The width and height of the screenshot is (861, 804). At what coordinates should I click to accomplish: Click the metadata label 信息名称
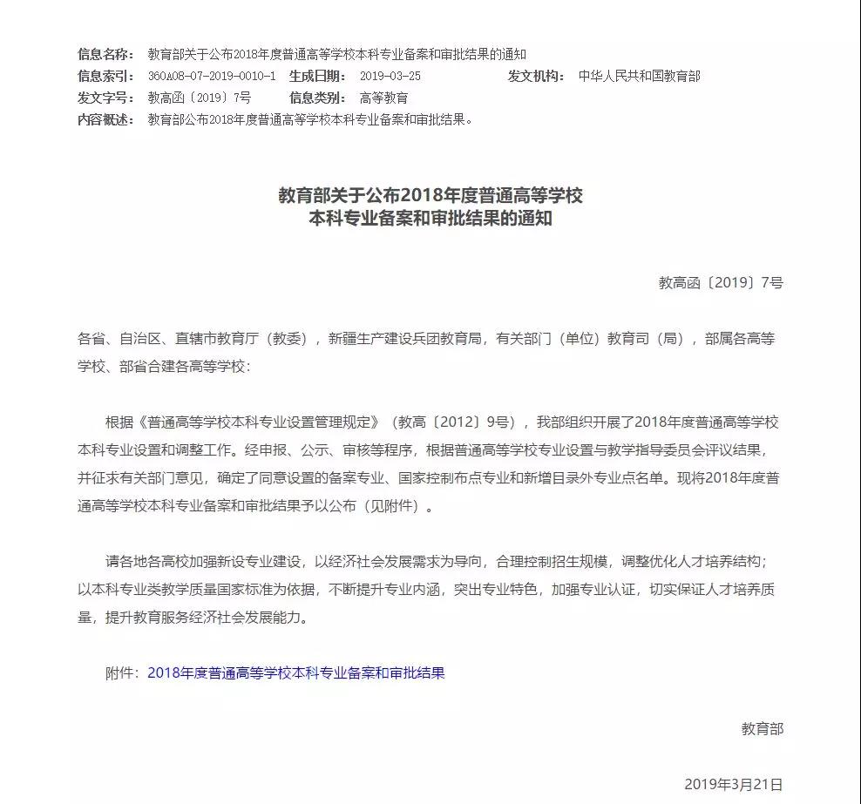105,54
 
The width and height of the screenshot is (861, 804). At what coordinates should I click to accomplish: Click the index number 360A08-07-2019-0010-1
212,76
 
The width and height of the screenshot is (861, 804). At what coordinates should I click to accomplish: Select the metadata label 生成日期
318,76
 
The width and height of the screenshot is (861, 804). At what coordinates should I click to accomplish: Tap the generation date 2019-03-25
390,76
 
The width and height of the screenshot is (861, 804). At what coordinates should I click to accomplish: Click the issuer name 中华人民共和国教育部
639,76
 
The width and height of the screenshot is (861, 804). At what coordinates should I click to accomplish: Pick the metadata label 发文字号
105,98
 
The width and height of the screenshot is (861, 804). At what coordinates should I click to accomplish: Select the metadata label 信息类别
318,98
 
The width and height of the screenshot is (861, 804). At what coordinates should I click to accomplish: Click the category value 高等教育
383,98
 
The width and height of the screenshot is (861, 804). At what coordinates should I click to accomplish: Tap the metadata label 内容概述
105,119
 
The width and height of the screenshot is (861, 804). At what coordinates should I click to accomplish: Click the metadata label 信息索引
105,76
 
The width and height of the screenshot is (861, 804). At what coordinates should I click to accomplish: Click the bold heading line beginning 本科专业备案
430,220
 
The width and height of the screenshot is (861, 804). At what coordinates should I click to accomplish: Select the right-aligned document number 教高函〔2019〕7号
721,282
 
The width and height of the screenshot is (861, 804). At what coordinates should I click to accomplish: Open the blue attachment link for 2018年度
296,672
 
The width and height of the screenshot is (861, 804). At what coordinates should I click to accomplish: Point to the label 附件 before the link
121,672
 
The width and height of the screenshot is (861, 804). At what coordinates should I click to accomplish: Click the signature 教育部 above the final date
763,728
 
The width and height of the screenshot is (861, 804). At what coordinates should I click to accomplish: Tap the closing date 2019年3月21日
734,784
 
